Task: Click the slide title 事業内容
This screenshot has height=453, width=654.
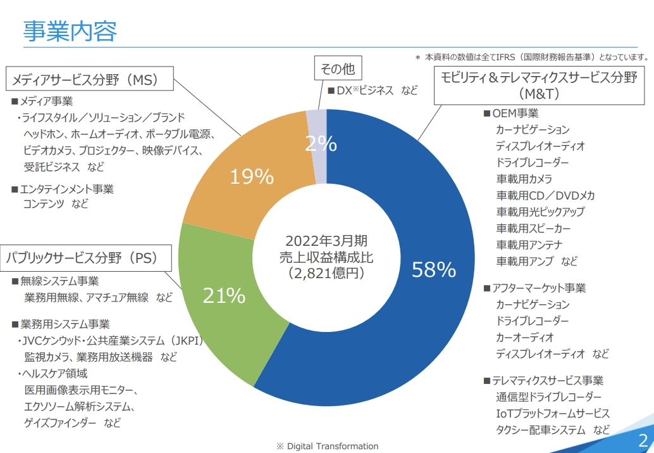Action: (70, 30)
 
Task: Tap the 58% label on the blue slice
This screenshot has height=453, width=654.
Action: (433, 270)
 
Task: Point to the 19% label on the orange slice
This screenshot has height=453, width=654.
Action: (251, 177)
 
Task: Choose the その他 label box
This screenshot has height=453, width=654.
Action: (338, 68)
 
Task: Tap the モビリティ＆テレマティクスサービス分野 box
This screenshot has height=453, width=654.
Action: (538, 85)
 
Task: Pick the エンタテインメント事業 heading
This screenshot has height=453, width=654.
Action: (66, 189)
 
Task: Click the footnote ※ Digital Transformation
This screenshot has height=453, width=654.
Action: (327, 446)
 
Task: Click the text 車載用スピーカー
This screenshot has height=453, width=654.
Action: (533, 228)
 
